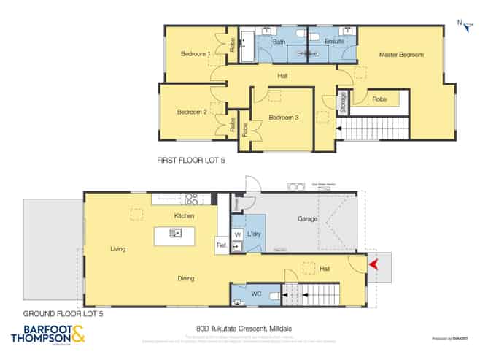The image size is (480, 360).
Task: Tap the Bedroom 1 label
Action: tap(196, 53)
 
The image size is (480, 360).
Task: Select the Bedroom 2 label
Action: tap(192, 112)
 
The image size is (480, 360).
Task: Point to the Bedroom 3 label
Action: tap(284, 118)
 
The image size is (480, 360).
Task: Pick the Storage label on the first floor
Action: tap(342, 102)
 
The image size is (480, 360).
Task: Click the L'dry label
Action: tap(255, 234)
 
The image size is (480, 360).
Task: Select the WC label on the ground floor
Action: tap(256, 294)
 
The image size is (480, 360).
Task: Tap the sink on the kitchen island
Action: tap(176, 233)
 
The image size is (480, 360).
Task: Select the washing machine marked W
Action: tap(238, 234)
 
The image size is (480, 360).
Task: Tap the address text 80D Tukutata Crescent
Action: tap(239, 328)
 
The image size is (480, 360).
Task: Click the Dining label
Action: tap(185, 278)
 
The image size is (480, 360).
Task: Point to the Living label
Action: tap(118, 249)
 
